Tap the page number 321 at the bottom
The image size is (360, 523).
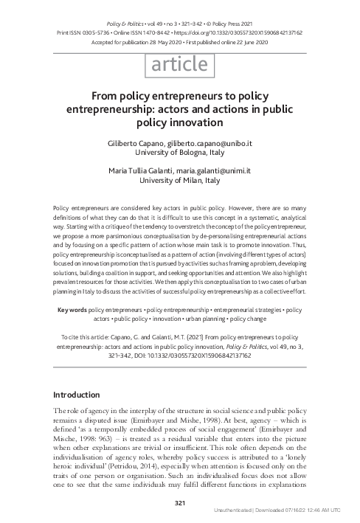pyautogui.click(x=179, y=503)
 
